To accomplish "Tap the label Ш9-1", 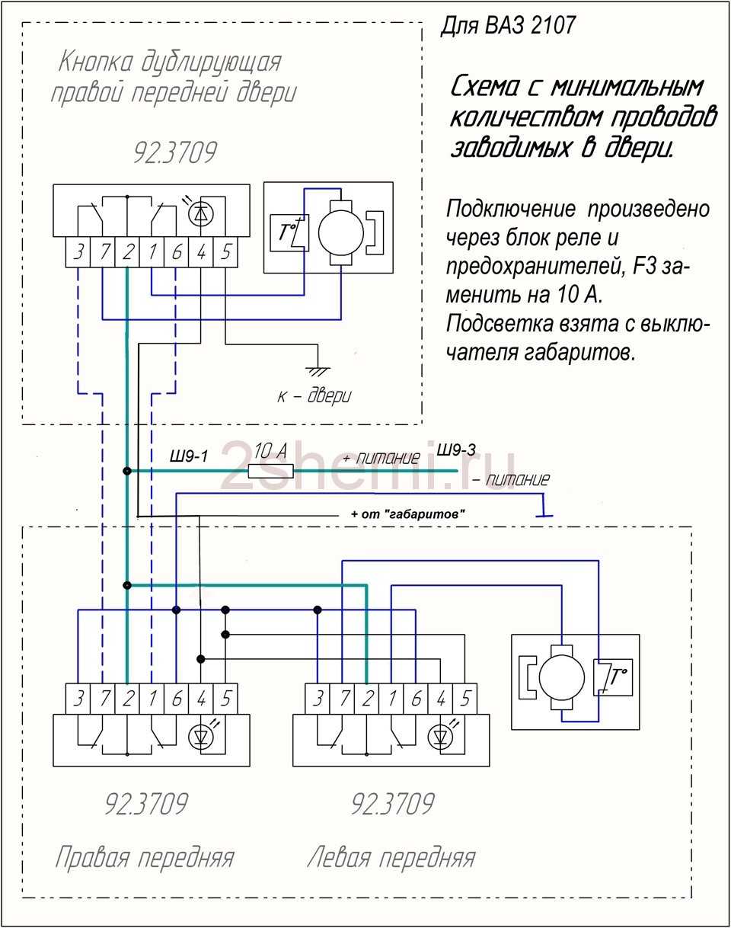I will [188, 457].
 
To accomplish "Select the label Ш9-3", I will [457, 450].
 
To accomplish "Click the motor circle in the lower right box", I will [562, 674].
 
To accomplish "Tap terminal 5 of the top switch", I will [225, 252].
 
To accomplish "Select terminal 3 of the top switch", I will [78, 252].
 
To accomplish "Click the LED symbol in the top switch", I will [201, 214].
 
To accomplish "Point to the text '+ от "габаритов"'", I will [408, 515].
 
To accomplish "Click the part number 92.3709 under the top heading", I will [174, 152].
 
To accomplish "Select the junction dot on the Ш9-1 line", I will [126, 472].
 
